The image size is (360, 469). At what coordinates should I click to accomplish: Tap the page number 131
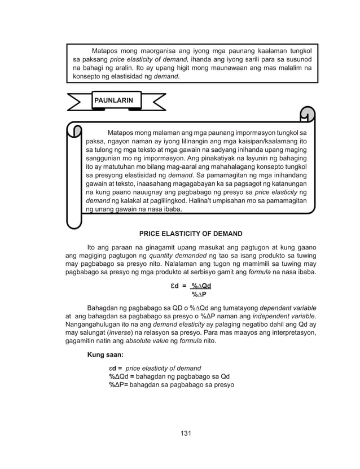(x=186, y=433)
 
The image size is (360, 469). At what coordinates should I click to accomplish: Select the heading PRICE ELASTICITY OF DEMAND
(x=191, y=233)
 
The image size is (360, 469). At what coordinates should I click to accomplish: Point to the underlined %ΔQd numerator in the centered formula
(x=201, y=286)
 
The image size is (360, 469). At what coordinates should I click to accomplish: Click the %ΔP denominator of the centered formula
(x=199, y=294)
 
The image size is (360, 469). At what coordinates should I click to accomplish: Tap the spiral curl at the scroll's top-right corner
(x=307, y=115)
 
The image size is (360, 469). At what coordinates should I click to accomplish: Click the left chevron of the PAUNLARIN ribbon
(x=80, y=102)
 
